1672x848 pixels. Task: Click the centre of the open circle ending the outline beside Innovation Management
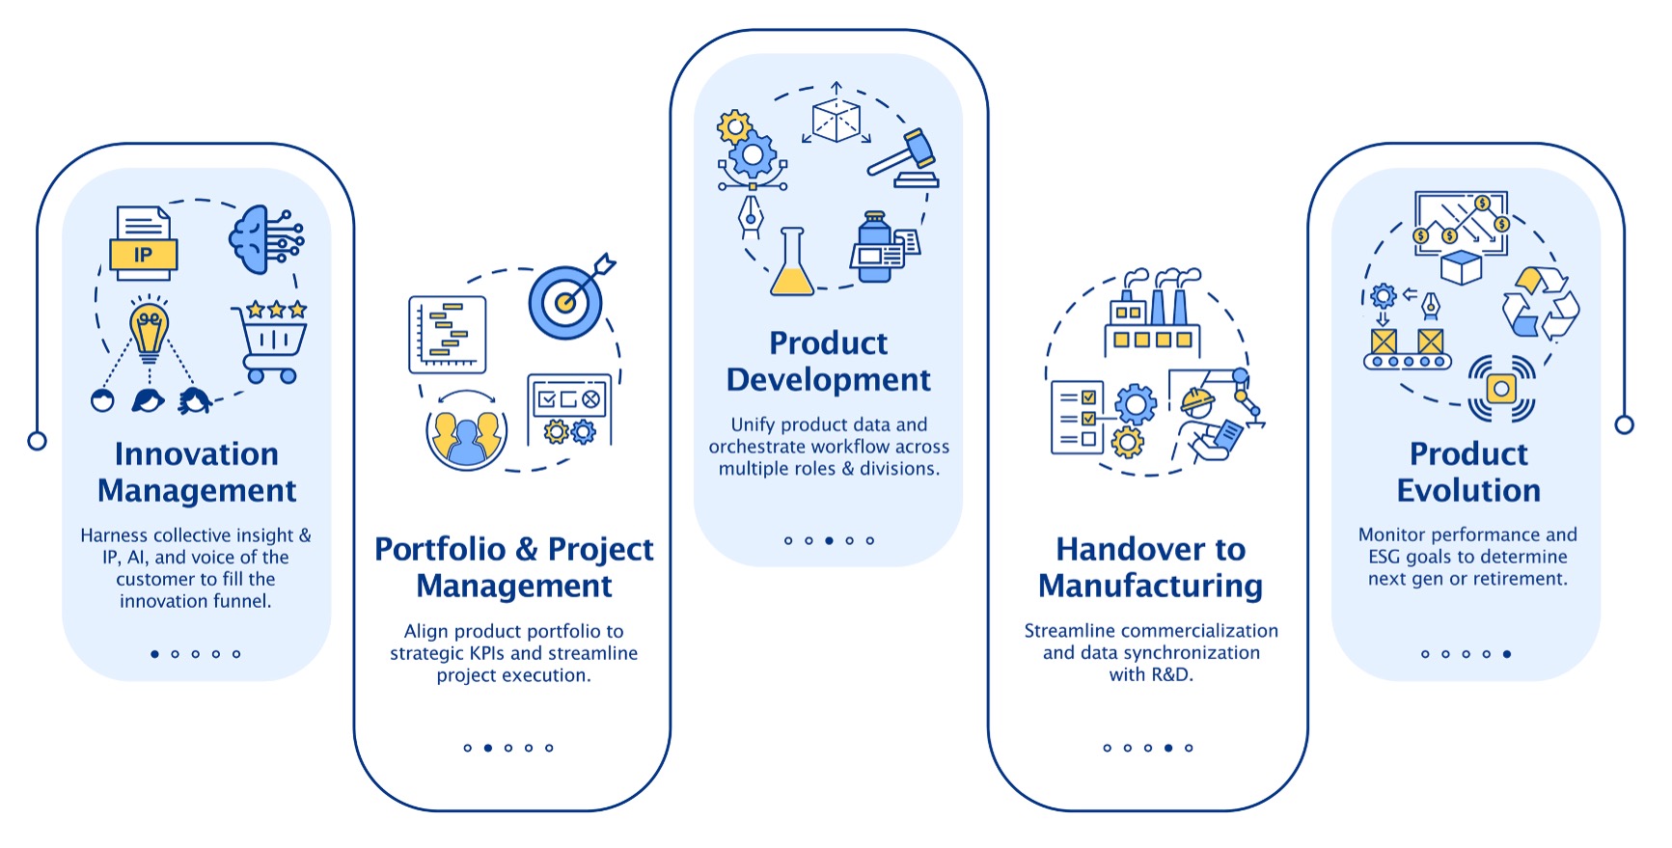coord(37,441)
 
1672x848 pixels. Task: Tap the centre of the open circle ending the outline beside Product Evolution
coord(1625,424)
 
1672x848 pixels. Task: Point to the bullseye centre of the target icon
coord(565,303)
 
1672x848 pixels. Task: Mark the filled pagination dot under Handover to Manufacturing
coord(1168,748)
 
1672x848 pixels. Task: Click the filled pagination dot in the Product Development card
coord(829,540)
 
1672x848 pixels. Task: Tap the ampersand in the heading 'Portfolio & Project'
coord(527,549)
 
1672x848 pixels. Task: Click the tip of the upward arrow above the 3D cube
coord(836,82)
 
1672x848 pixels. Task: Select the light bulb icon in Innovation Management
coord(149,328)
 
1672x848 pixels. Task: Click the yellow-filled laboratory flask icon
coord(792,261)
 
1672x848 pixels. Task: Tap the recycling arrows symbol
coord(1541,304)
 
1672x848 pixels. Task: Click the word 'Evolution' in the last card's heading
coord(1468,490)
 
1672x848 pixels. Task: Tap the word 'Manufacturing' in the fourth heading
coord(1151,587)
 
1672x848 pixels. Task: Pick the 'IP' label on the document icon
coord(143,255)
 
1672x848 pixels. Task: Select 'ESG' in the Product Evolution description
coord(1386,557)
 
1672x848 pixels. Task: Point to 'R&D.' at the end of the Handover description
coord(1172,675)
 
